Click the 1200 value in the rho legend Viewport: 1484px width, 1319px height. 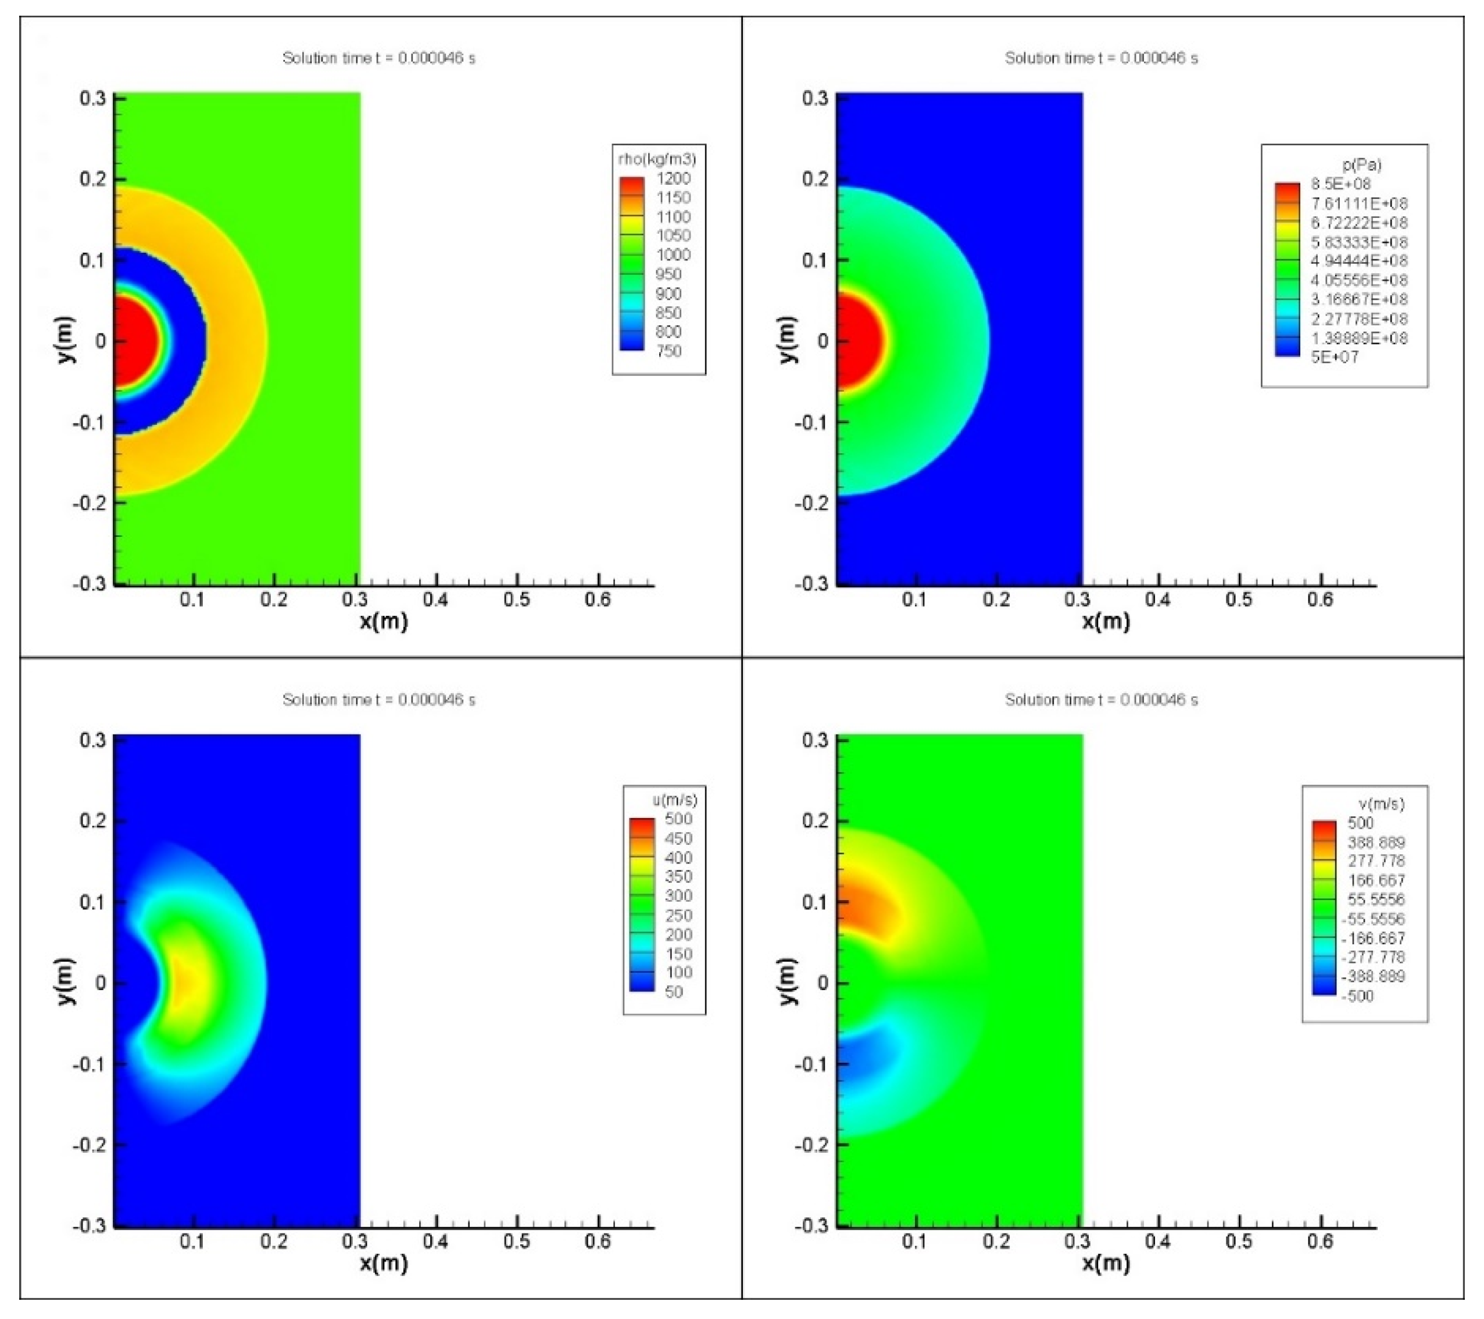pos(673,178)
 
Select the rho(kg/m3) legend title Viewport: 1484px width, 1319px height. pos(657,159)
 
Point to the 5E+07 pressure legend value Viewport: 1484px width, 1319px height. pos(1335,357)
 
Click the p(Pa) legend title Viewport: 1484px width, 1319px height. pos(1362,165)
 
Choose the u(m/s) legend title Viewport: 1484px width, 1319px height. pos(674,800)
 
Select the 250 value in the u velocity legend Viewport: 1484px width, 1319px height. pos(678,915)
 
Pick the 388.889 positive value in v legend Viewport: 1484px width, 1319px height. pos(1376,843)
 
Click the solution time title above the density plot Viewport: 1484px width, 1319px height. pos(378,58)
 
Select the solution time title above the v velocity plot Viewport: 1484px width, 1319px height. pos(1101,700)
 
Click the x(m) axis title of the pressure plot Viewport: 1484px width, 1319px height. pos(1106,621)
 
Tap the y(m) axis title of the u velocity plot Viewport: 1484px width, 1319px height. pos(65,981)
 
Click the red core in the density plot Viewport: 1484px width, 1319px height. pos(134,340)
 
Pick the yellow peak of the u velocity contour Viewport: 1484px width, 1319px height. pos(185,983)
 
